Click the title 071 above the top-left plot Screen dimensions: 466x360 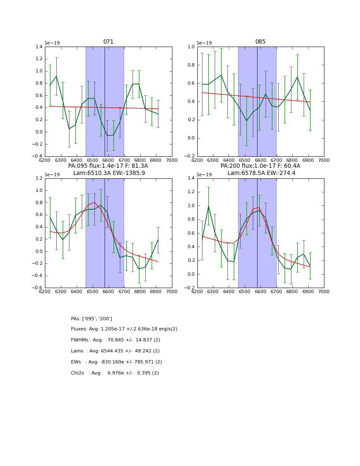(108, 42)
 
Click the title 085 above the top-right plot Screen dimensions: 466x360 (260, 42)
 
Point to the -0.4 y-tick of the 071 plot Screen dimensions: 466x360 (37, 156)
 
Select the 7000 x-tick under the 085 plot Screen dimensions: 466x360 (324, 161)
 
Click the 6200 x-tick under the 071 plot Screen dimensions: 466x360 (45, 161)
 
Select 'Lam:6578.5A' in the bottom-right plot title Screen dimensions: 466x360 (244, 173)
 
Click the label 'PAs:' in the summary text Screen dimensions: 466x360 (76, 319)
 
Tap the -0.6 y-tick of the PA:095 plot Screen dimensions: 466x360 (37, 288)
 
